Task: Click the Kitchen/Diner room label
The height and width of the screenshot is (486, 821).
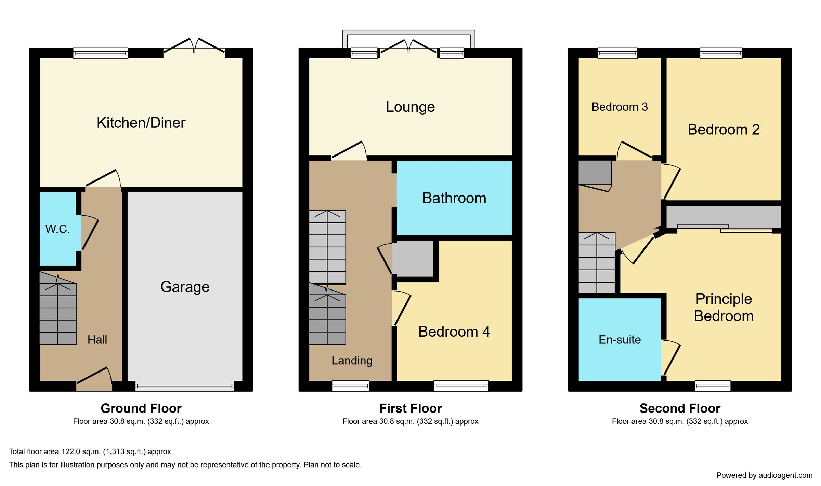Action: [141, 123]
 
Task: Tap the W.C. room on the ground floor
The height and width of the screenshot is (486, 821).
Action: [57, 229]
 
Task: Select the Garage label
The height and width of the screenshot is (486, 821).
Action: [185, 287]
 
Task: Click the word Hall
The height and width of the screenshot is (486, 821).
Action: [97, 340]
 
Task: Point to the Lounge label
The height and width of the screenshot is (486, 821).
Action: [410, 107]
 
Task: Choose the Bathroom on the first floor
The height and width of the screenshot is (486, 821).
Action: [454, 198]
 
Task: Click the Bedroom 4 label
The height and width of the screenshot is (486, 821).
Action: [454, 332]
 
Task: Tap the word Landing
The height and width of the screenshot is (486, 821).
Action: [352, 361]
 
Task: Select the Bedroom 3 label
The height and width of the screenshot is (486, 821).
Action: [620, 107]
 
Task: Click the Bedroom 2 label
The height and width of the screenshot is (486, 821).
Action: [724, 130]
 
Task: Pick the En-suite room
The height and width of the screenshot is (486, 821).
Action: [620, 340]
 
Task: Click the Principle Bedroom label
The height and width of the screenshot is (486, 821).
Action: [724, 307]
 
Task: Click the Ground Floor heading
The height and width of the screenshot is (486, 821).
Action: [141, 408]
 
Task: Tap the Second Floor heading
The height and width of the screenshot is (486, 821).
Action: [680, 408]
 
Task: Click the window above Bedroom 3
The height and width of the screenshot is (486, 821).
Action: [617, 53]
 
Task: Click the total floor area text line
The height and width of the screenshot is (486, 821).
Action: [90, 451]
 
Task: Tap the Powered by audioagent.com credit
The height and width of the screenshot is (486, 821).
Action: [764, 475]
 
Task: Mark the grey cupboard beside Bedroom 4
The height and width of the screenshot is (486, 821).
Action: [413, 259]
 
